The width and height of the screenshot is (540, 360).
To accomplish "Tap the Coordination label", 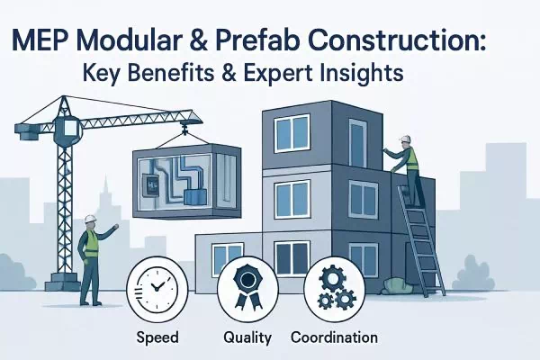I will tap(334, 337).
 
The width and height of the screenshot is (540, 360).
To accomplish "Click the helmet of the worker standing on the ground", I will tap(90, 220).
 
